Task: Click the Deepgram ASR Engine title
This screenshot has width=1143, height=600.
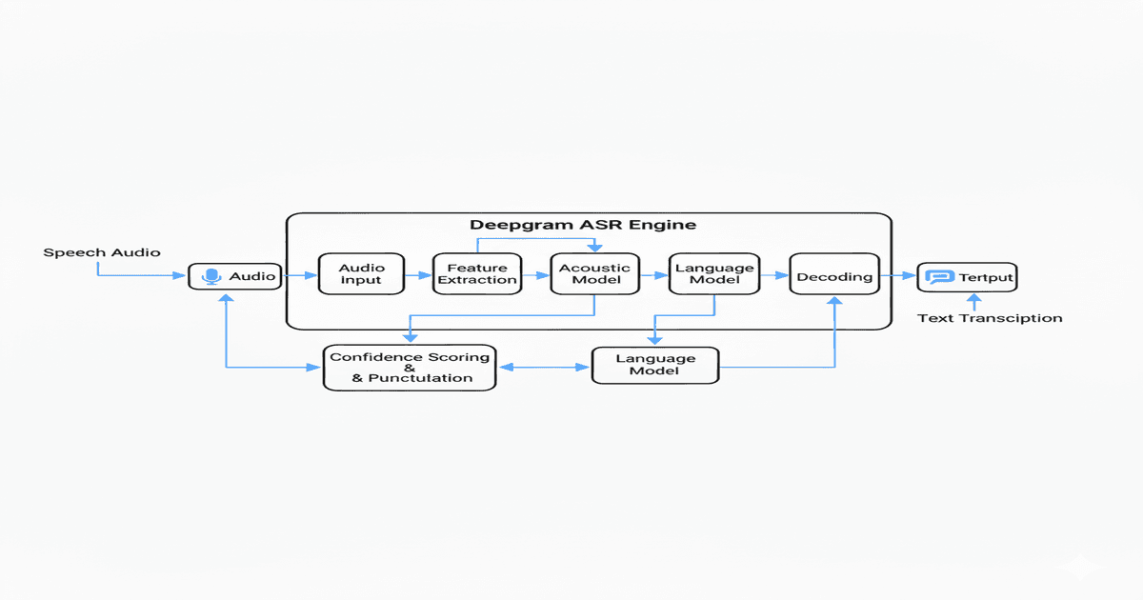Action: [x=583, y=226]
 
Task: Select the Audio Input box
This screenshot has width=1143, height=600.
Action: [x=361, y=274]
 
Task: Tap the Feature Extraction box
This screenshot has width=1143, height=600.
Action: [x=477, y=274]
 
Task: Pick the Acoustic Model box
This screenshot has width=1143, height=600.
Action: [x=594, y=274]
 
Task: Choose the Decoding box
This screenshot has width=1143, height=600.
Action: [x=833, y=276]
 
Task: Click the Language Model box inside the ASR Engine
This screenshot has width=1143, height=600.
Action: [x=714, y=274]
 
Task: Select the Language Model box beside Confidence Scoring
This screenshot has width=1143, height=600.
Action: [x=655, y=365]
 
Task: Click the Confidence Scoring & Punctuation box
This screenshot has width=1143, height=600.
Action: [x=410, y=367]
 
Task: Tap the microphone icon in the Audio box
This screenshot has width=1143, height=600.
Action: [x=211, y=277]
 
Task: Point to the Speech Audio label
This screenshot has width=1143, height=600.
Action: [x=102, y=252]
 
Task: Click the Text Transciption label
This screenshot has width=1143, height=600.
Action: [x=989, y=318]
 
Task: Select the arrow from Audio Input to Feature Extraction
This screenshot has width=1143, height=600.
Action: [x=418, y=275]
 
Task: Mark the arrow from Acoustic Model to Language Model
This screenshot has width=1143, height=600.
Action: [x=653, y=275]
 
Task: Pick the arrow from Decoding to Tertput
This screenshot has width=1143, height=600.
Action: [x=897, y=276]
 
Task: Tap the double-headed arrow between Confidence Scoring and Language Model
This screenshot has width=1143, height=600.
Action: [x=544, y=366]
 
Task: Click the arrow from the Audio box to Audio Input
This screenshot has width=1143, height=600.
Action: [x=300, y=275]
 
